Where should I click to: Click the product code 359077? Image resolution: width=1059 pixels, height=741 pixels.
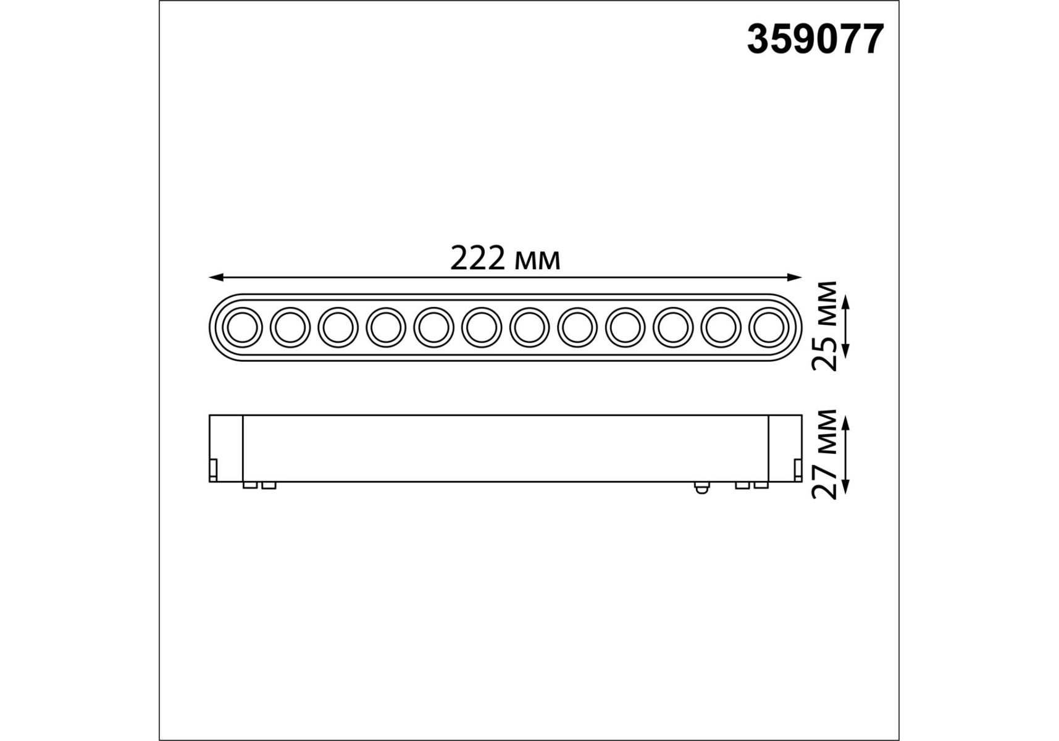[815, 40]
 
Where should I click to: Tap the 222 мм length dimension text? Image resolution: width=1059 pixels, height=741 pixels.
[505, 259]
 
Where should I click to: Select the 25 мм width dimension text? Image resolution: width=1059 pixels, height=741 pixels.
[826, 326]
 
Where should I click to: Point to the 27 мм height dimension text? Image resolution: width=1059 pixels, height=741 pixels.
[826, 454]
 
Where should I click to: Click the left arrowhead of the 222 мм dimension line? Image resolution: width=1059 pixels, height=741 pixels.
[215, 277]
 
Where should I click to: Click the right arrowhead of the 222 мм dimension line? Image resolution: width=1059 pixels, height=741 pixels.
[795, 277]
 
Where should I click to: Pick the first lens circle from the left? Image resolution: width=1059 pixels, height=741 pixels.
[242, 327]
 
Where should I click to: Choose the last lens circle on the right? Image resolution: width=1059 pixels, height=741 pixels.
[769, 327]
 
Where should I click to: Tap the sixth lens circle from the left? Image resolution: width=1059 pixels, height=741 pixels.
[482, 327]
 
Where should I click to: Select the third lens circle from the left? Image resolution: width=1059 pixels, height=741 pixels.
[338, 327]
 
